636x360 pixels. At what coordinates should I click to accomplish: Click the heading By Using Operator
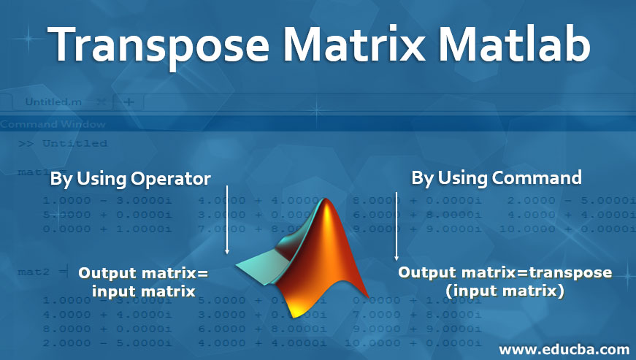(x=131, y=178)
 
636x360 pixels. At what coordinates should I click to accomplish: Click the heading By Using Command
(x=497, y=177)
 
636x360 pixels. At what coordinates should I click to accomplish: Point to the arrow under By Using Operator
(x=228, y=219)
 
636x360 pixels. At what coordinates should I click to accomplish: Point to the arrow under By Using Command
(x=396, y=226)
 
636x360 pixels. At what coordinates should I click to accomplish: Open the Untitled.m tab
(x=54, y=102)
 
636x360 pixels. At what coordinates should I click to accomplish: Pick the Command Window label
(x=53, y=124)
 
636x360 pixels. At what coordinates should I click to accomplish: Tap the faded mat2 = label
(x=33, y=272)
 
